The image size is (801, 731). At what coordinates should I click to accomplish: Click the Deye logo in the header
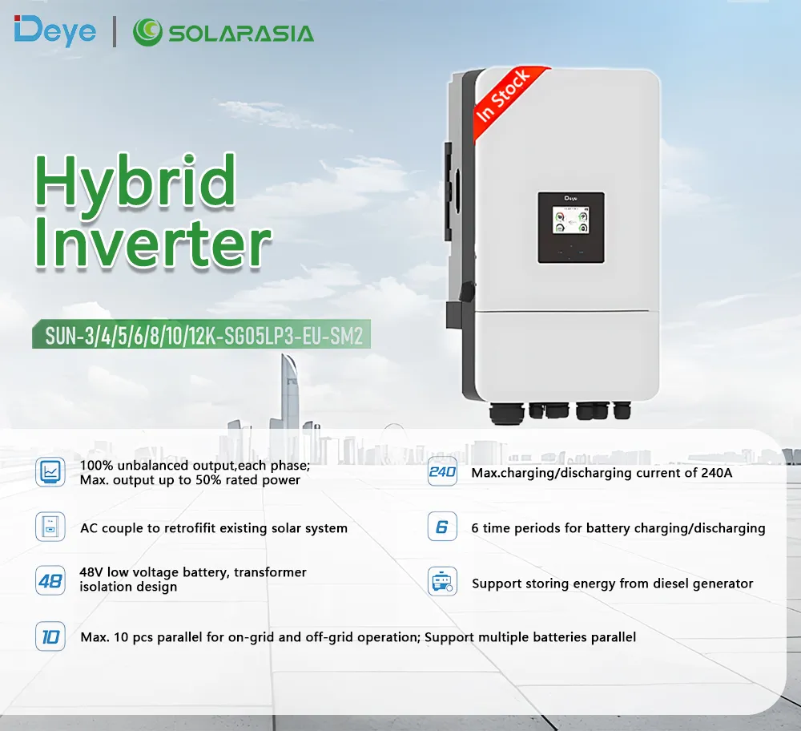(54, 31)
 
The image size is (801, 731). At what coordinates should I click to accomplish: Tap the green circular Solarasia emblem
(147, 33)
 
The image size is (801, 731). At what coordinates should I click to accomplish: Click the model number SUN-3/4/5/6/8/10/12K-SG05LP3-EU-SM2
(203, 336)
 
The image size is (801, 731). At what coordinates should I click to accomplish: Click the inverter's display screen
(570, 226)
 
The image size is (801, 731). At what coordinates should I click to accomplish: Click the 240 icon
(442, 472)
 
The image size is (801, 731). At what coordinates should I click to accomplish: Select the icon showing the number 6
(442, 527)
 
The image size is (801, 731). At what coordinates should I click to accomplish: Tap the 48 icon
(50, 580)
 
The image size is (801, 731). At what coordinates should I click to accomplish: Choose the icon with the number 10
(50, 637)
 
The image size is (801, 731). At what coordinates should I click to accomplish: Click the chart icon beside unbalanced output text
(50, 472)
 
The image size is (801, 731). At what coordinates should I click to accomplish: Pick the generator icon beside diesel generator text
(442, 582)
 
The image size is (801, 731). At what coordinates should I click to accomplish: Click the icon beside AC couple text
(50, 527)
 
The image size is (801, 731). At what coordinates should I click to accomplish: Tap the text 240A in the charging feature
(716, 473)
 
